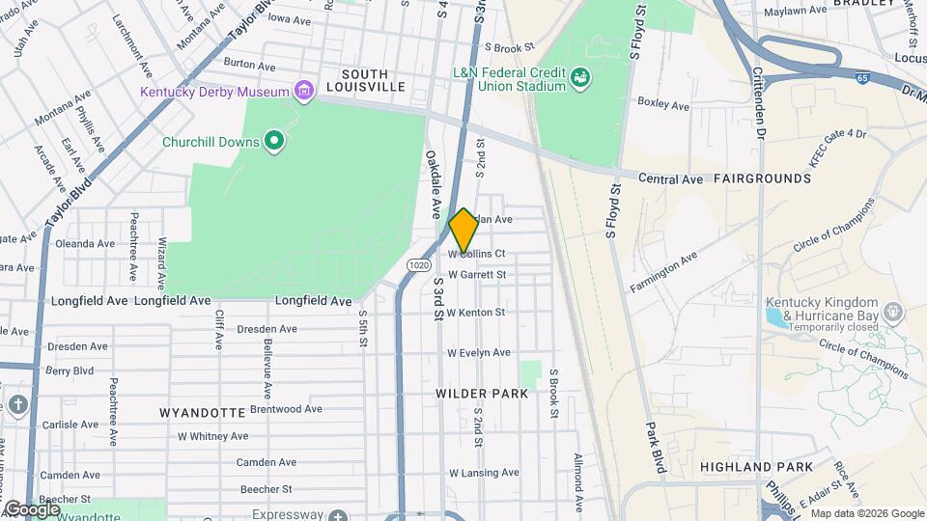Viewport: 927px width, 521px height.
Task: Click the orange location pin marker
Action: [463, 231]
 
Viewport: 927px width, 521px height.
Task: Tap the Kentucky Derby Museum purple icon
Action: [305, 93]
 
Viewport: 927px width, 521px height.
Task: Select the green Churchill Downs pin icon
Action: [274, 143]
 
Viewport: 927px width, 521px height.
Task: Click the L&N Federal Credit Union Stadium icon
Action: [580, 77]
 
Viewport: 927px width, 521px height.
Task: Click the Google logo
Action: [33, 508]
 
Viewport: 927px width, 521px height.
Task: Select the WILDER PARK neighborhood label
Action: [482, 394]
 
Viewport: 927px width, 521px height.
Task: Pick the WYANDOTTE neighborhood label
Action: [202, 413]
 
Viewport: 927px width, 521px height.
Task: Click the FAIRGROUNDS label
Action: [762, 179]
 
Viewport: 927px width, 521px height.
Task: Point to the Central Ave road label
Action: [672, 178]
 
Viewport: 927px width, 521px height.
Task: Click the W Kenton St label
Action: [476, 313]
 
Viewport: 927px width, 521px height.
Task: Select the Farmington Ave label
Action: [662, 273]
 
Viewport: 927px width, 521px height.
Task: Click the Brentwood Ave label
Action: [285, 409]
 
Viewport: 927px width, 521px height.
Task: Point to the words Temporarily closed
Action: [822, 326]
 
